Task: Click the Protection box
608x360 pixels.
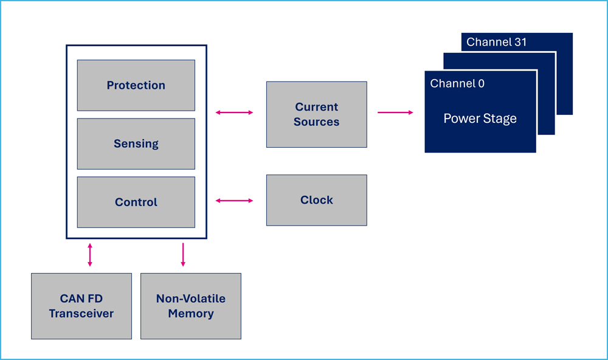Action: click(x=136, y=85)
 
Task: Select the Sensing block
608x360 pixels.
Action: click(x=136, y=144)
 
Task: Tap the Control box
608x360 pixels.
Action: click(x=136, y=202)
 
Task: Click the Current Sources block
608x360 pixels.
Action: click(x=316, y=114)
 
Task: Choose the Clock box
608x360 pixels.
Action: click(x=316, y=200)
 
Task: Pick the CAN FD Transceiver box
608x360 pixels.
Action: click(x=81, y=306)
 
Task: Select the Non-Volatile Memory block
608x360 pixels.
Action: click(x=191, y=306)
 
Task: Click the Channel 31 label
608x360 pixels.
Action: click(x=496, y=42)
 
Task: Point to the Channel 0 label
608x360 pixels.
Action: click(x=457, y=83)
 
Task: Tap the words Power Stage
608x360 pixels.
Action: click(x=480, y=119)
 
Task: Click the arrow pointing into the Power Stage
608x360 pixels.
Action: click(x=396, y=112)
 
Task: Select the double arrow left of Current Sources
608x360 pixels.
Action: click(x=234, y=112)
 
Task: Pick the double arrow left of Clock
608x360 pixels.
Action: click(x=234, y=201)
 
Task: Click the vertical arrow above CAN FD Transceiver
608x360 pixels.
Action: click(x=90, y=255)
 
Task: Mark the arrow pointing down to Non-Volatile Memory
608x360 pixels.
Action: click(x=183, y=255)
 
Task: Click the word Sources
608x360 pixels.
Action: click(x=316, y=122)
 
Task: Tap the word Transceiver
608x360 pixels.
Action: click(x=81, y=313)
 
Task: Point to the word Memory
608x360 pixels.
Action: click(x=191, y=313)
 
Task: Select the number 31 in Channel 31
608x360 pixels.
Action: click(x=520, y=42)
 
